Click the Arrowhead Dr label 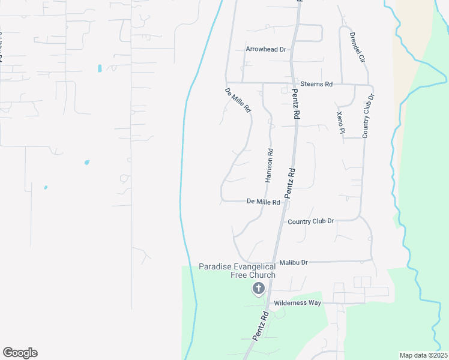(265, 49)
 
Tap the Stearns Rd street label (316, 85)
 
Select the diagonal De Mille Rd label (237, 101)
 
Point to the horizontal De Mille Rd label (264, 202)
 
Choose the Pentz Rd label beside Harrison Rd (290, 183)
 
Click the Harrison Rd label (270, 165)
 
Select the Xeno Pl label (340, 122)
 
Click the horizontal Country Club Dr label (310, 221)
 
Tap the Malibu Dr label (294, 263)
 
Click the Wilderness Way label (298, 303)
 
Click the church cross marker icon (259, 289)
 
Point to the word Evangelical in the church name (257, 266)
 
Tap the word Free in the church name (239, 275)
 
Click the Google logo (20, 353)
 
